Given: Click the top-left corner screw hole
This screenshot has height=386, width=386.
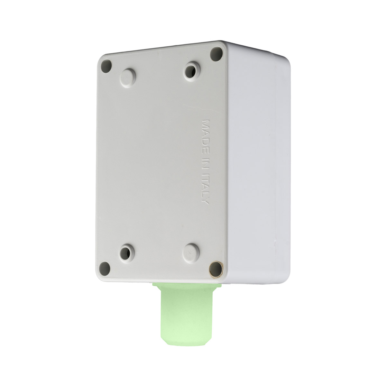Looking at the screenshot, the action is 106,66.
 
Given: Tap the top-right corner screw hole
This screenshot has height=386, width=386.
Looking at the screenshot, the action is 216,52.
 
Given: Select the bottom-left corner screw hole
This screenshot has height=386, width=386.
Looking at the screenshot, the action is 105,268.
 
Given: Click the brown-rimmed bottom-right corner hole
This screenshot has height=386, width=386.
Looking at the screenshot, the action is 215,268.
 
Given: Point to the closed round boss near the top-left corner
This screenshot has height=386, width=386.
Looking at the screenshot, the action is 128,76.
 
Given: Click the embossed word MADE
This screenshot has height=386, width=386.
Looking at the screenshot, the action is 206,135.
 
